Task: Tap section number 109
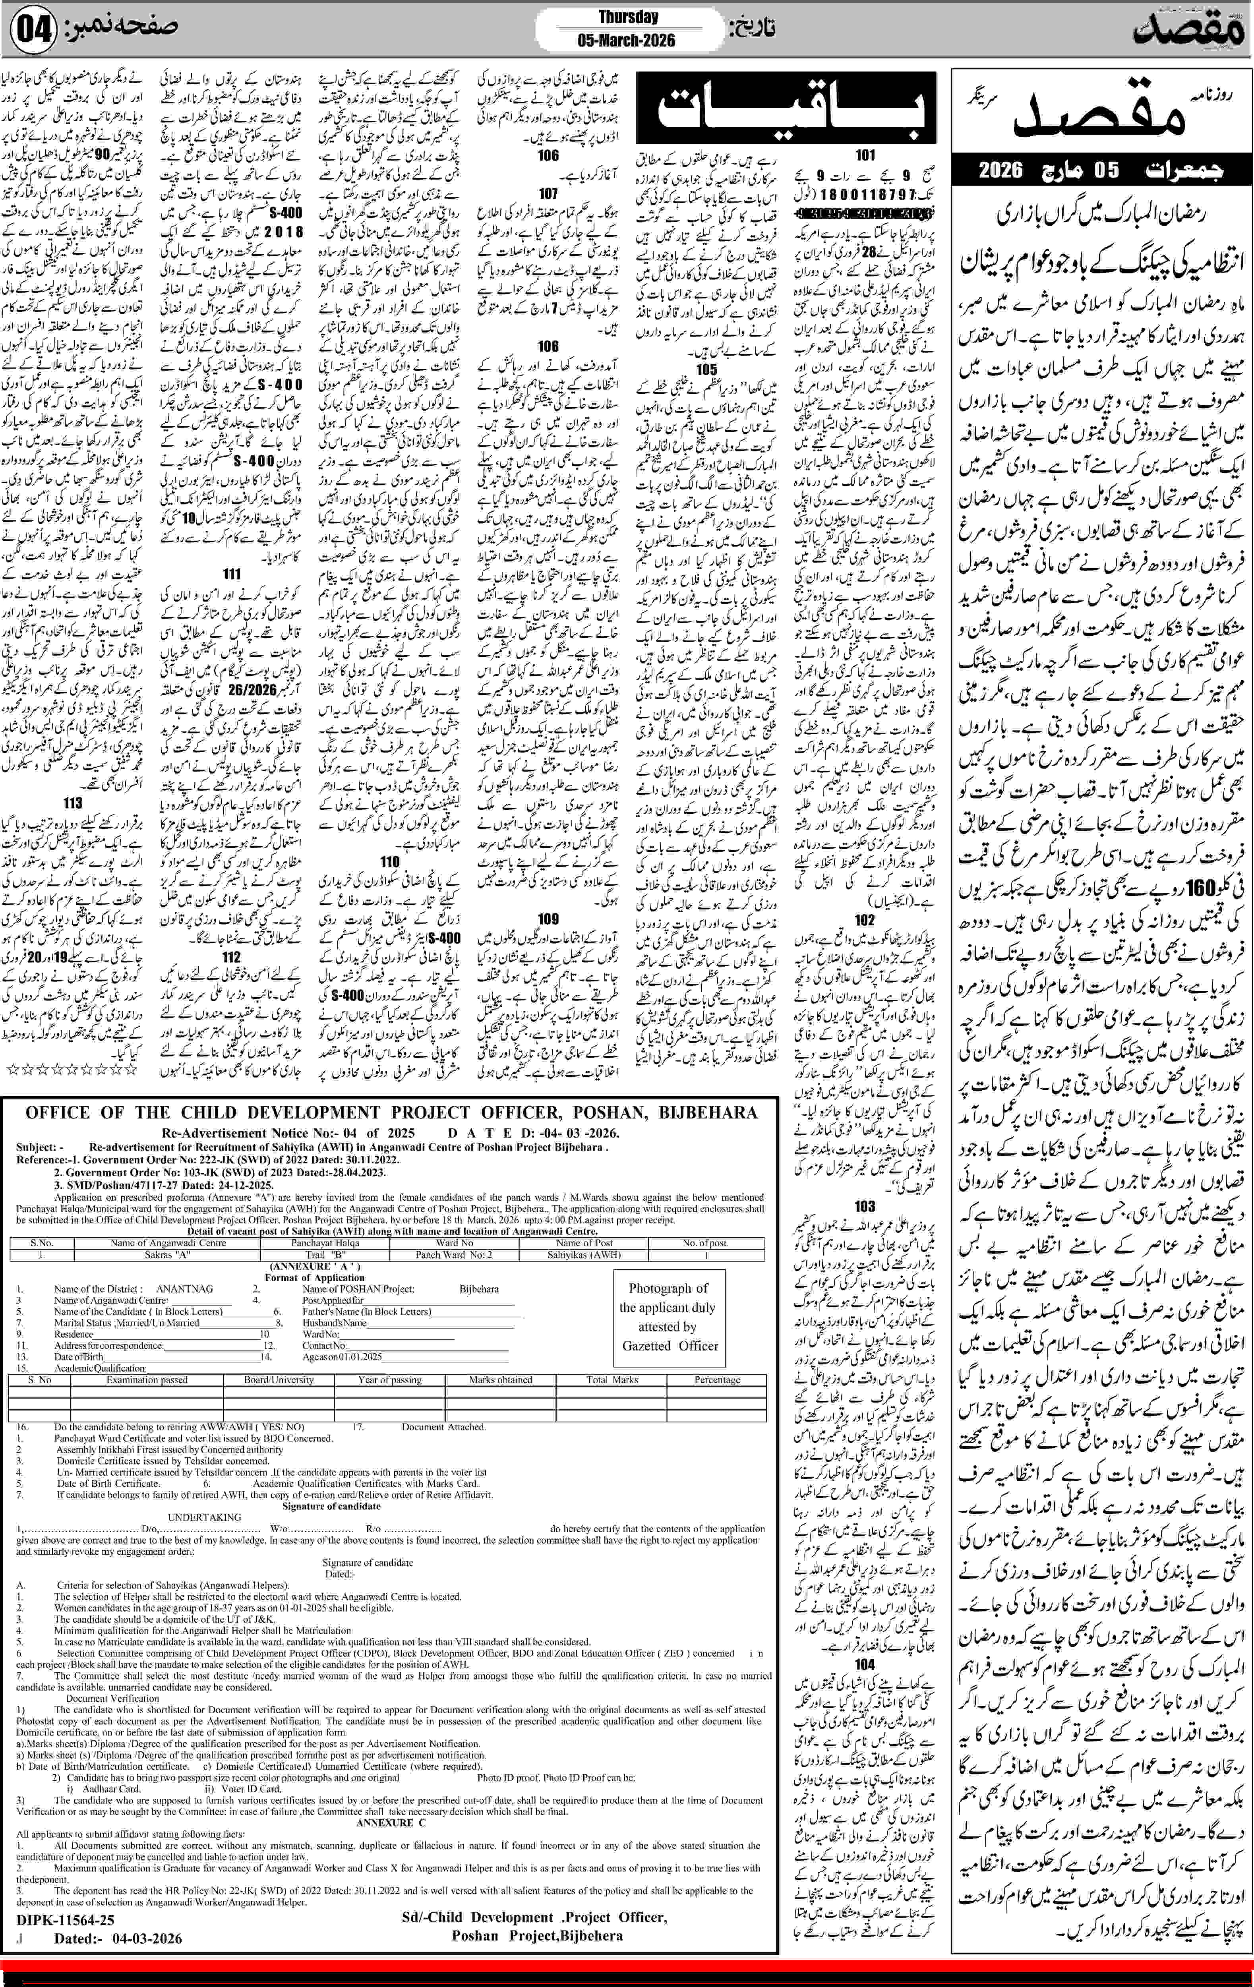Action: coord(548,919)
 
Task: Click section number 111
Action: coord(232,573)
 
